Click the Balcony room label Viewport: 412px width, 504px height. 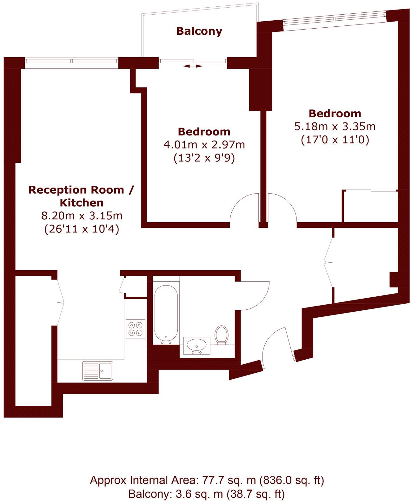pyautogui.click(x=199, y=31)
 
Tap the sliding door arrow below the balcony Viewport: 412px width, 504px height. pyautogui.click(x=193, y=66)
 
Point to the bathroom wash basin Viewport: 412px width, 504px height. pyautogui.click(x=196, y=345)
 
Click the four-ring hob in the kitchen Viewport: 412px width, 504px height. pyautogui.click(x=136, y=329)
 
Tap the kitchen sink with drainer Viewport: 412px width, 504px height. pyautogui.click(x=97, y=371)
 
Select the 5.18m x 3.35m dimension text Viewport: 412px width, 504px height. pyautogui.click(x=335, y=127)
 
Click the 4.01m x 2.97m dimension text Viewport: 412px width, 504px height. pyautogui.click(x=204, y=145)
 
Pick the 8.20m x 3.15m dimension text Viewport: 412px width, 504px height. pyautogui.click(x=82, y=216)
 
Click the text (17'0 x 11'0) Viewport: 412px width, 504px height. pyautogui.click(x=335, y=140)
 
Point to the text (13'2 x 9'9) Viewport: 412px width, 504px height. pyautogui.click(x=204, y=158)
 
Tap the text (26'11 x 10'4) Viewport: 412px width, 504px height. pyautogui.click(x=82, y=229)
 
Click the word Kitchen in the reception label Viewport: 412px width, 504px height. pyautogui.click(x=82, y=203)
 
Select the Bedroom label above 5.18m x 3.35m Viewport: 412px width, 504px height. pyautogui.click(x=335, y=114)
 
